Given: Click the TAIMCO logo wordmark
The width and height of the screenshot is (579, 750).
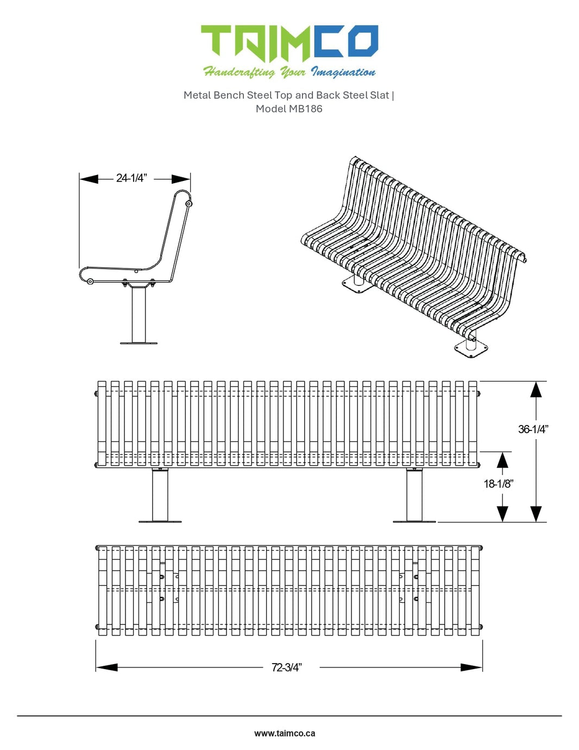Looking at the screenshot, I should (x=289, y=43).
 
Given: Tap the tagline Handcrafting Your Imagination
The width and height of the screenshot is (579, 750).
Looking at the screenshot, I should (x=289, y=72).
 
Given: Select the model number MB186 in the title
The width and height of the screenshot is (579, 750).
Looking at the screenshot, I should (x=305, y=109).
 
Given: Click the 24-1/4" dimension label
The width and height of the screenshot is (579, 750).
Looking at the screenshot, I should (x=131, y=178).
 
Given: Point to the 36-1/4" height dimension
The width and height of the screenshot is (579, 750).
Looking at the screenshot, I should (x=533, y=429).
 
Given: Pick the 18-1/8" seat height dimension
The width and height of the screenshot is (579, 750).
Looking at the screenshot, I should (x=498, y=484).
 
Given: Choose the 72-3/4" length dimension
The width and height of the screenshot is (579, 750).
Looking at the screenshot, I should (x=286, y=667).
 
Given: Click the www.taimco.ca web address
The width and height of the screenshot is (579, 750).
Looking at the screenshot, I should (x=285, y=733).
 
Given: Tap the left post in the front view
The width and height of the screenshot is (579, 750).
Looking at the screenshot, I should (x=160, y=495).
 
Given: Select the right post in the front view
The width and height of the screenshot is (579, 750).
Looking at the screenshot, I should (x=414, y=495).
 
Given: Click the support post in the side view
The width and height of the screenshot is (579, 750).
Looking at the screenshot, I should (x=139, y=314).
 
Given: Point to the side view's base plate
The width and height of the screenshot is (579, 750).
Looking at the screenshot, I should (x=139, y=343).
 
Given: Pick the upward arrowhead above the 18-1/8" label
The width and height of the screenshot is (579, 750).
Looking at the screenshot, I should (x=502, y=460).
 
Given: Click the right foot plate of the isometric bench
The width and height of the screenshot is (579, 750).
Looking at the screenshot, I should (x=471, y=349).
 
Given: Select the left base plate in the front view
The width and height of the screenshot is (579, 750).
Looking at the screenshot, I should (x=160, y=522).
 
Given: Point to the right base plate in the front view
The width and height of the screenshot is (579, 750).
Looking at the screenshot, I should (x=414, y=522).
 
